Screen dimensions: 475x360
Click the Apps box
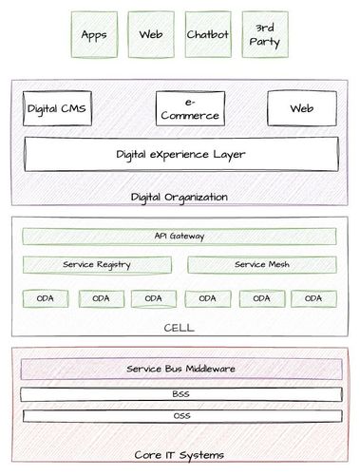pyautogui.click(x=93, y=35)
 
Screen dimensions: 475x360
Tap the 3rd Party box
pyautogui.click(x=262, y=35)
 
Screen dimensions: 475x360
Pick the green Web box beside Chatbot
pyautogui.click(x=150, y=35)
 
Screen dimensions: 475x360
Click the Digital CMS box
pyautogui.click(x=57, y=109)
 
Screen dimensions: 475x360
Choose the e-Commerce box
pyautogui.click(x=188, y=109)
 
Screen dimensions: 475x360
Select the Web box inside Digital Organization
pyautogui.click(x=302, y=109)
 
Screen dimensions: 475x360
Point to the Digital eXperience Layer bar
pyautogui.click(x=180, y=153)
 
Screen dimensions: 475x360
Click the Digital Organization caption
pyautogui.click(x=180, y=198)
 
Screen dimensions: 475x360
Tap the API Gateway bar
pyautogui.click(x=180, y=236)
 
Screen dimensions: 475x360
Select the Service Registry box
pyautogui.click(x=96, y=264)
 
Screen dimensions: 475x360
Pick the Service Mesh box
pyautogui.click(x=262, y=264)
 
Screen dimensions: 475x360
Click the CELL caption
pyautogui.click(x=180, y=328)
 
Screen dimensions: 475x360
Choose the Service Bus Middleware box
pyautogui.click(x=180, y=369)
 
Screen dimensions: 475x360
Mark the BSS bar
pyautogui.click(x=180, y=393)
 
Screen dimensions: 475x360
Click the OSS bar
pyautogui.click(x=180, y=415)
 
